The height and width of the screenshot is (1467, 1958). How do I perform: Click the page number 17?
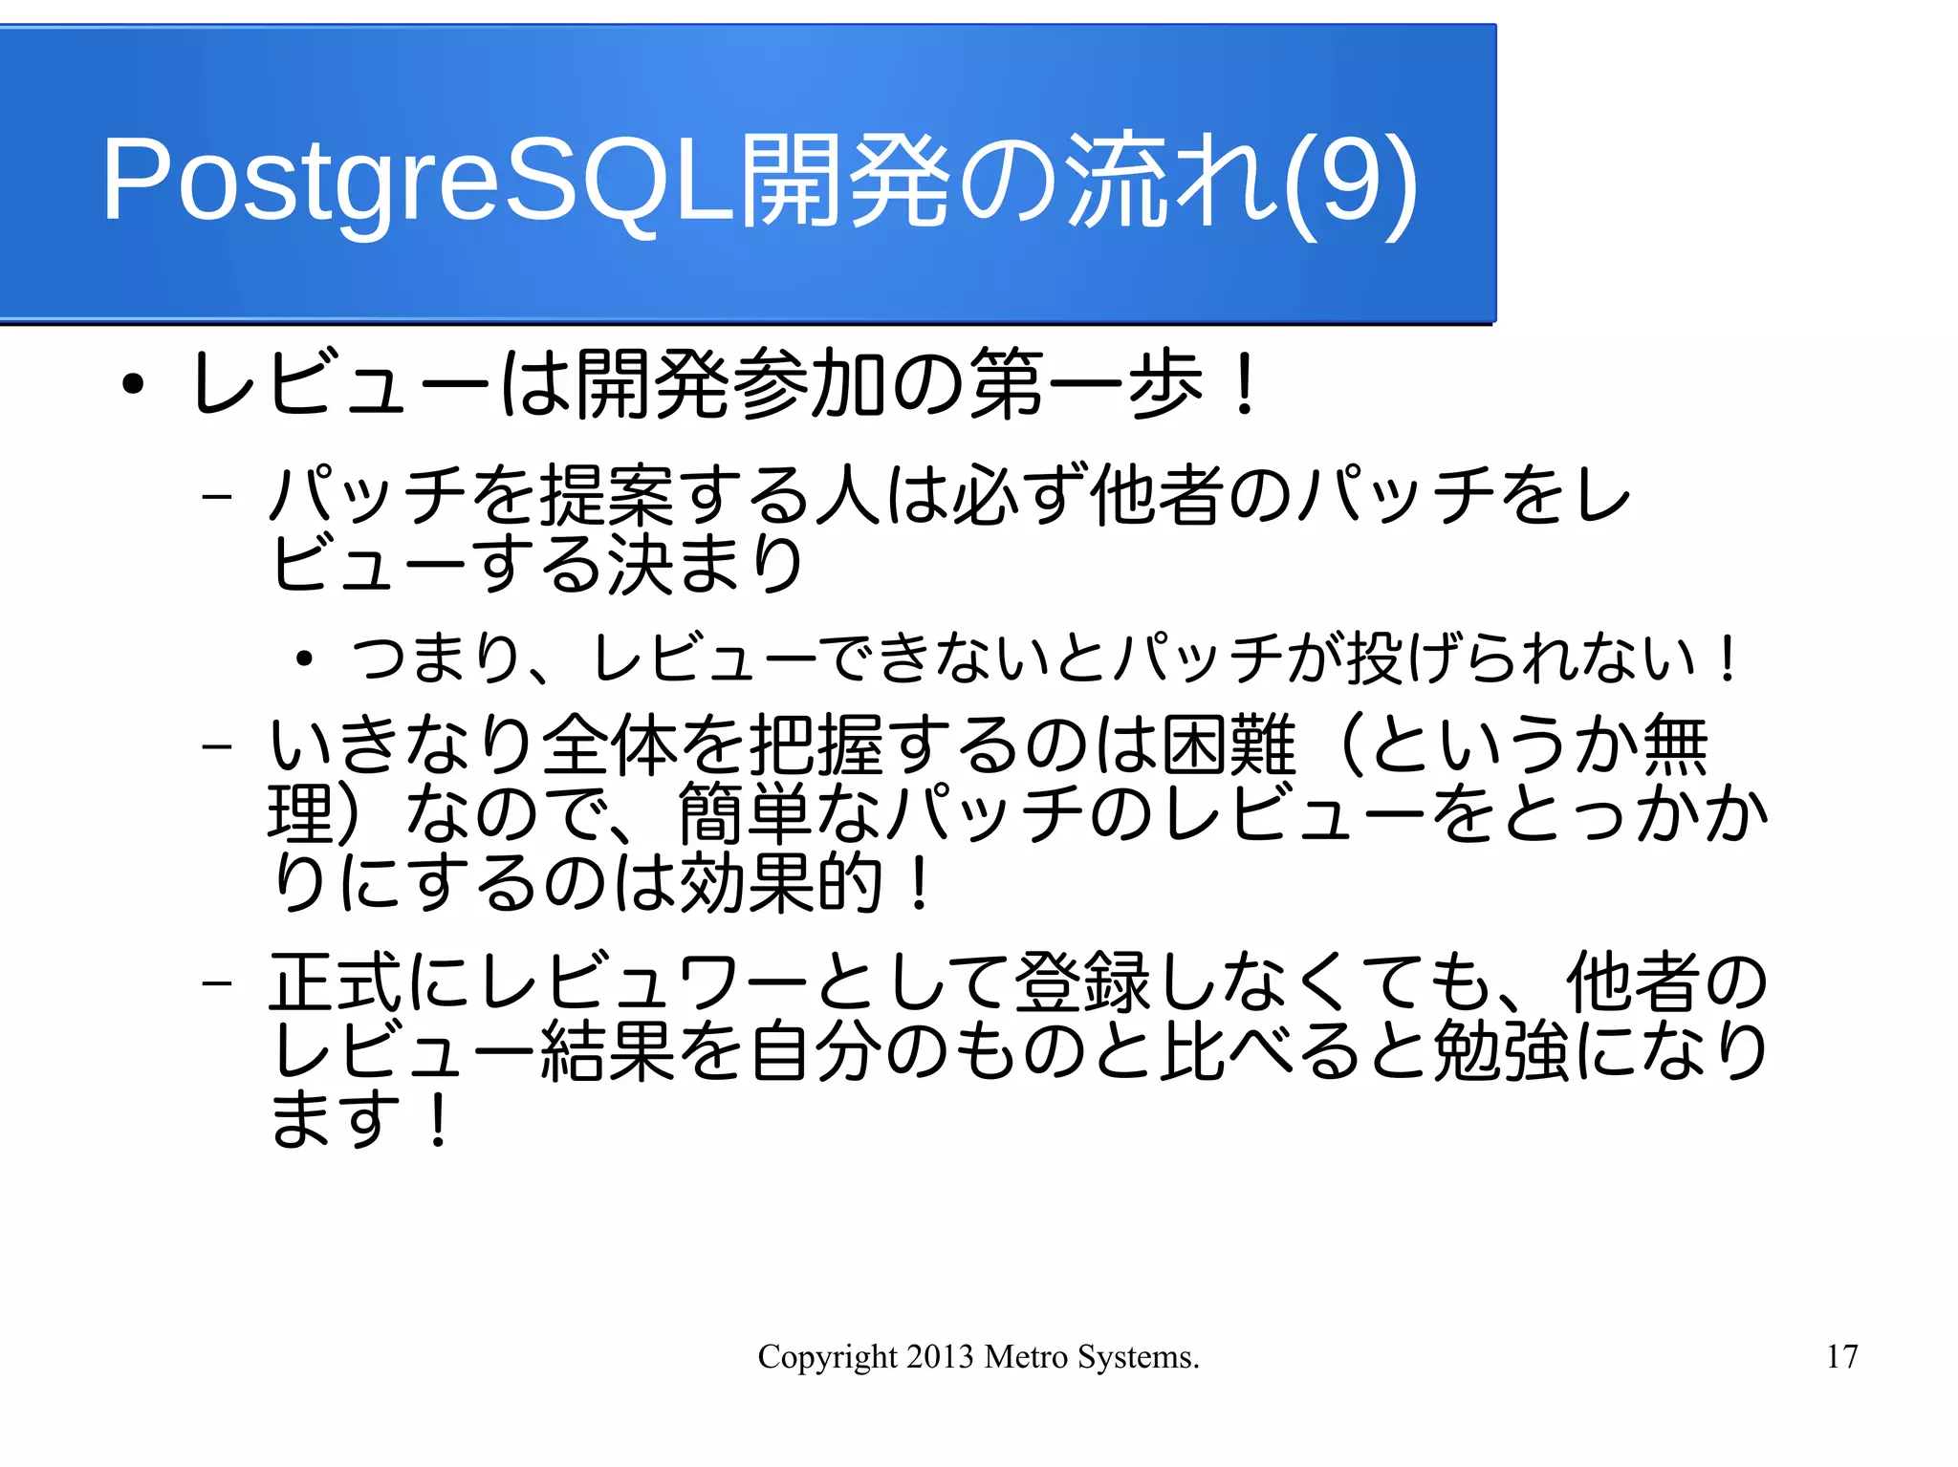[x=1841, y=1356]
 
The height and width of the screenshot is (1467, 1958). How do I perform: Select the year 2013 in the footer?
[x=940, y=1356]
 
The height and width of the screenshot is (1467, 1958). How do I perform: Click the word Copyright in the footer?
[x=827, y=1357]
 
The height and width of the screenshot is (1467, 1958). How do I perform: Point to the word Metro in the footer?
[x=1026, y=1356]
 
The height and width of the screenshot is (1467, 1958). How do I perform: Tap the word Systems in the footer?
[x=1138, y=1357]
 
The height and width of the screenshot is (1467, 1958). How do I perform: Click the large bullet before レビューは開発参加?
[x=133, y=385]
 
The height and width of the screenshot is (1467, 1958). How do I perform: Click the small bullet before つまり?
[x=304, y=659]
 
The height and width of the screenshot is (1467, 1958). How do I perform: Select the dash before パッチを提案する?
[x=218, y=496]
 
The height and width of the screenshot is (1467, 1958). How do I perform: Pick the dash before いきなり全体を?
[x=218, y=744]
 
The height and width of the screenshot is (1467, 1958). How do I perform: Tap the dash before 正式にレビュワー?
[x=218, y=982]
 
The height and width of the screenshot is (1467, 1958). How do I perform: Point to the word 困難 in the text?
[x=1229, y=744]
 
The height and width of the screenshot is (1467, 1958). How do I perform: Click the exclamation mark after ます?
[x=438, y=1119]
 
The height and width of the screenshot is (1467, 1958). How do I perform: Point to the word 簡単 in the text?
[x=746, y=813]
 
